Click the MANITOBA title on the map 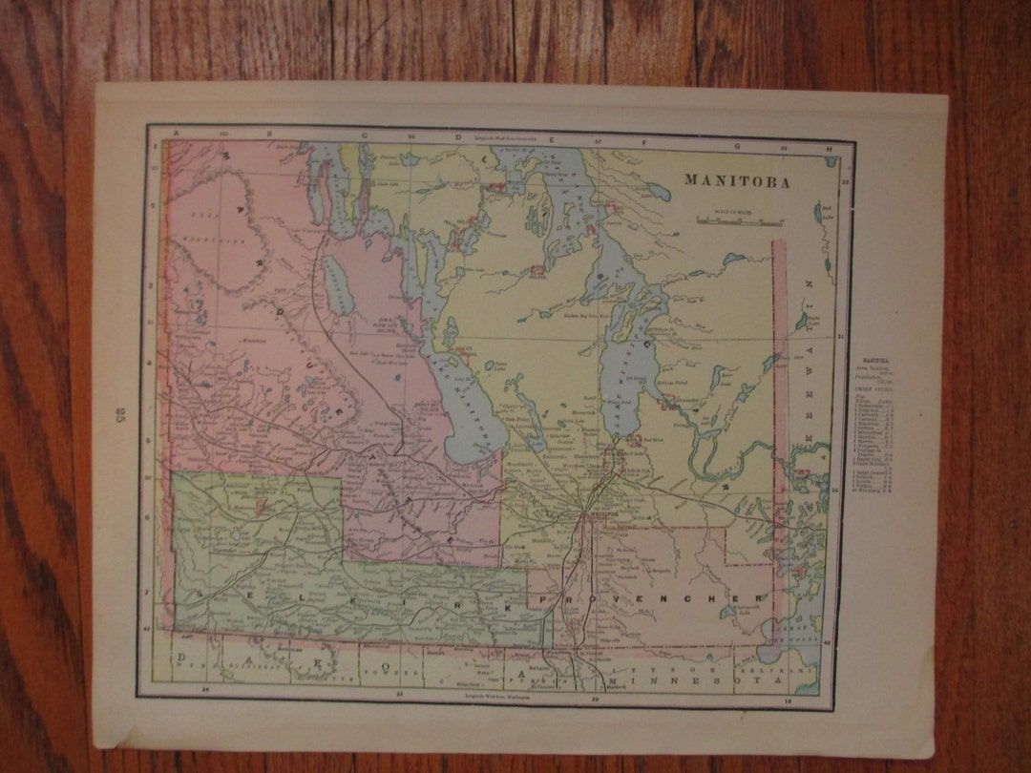coord(736,182)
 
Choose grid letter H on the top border coord(829,148)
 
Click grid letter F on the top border coord(645,142)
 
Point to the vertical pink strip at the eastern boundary coord(780,429)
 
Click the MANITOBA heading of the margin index coord(870,361)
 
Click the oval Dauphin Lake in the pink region coord(337,285)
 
